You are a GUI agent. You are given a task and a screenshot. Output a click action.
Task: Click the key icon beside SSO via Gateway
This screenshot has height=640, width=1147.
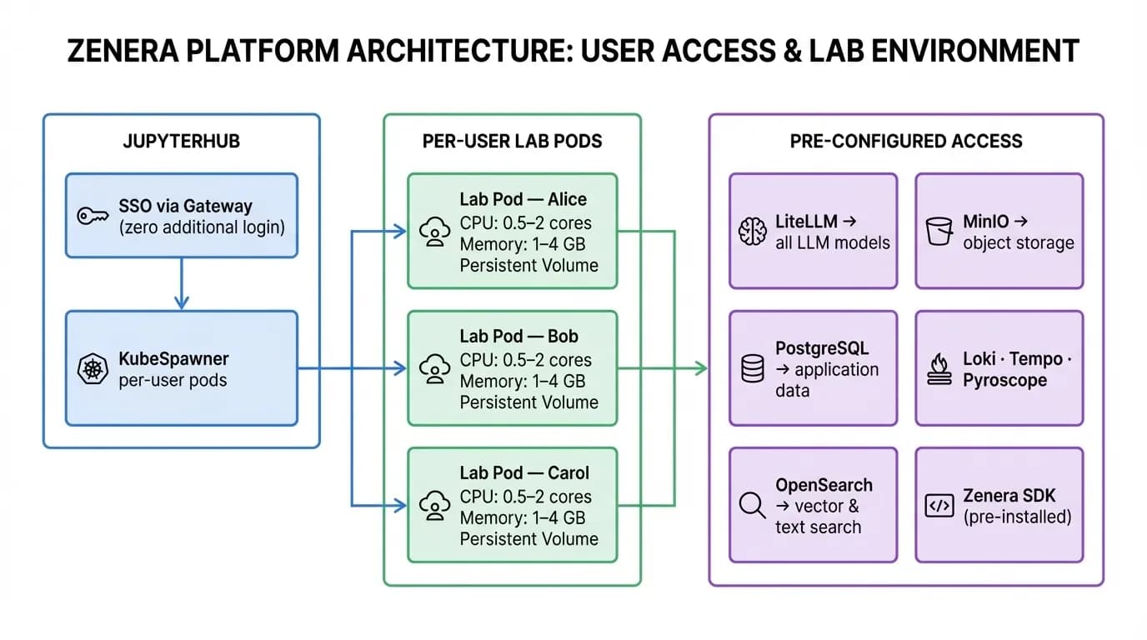click(92, 216)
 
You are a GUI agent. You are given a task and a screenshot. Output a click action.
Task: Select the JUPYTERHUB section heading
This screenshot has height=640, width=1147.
click(181, 141)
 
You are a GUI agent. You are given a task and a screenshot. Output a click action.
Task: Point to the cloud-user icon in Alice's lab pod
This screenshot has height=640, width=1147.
click(434, 232)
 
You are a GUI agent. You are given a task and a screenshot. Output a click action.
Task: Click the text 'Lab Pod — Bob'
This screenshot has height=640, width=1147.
click(518, 337)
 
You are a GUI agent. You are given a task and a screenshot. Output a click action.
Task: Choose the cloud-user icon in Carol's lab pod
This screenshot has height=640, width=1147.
click(434, 505)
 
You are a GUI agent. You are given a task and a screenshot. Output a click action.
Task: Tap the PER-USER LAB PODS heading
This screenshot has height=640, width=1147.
click(512, 141)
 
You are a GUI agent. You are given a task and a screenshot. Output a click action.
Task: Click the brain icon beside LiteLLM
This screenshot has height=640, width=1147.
click(753, 232)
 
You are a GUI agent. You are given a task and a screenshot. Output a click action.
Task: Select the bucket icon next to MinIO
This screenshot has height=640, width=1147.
click(939, 231)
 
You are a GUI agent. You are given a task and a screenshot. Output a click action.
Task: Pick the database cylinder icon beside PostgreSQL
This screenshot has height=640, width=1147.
click(752, 368)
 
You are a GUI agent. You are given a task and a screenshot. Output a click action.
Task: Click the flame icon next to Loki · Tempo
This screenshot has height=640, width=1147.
click(939, 368)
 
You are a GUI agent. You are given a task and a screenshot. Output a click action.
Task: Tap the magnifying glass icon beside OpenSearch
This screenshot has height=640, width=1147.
click(752, 505)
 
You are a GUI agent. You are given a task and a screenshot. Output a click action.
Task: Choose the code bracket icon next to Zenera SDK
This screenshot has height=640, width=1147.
click(939, 505)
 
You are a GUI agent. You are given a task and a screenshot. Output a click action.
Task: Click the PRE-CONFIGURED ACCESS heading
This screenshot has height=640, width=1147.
click(906, 141)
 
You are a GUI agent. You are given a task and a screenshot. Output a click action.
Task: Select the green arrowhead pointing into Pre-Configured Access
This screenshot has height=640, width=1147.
click(701, 368)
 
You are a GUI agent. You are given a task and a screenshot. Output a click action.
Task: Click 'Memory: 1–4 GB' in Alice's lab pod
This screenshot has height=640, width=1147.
click(523, 244)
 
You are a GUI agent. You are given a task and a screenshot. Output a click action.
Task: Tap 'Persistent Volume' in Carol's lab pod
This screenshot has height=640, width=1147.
click(529, 538)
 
